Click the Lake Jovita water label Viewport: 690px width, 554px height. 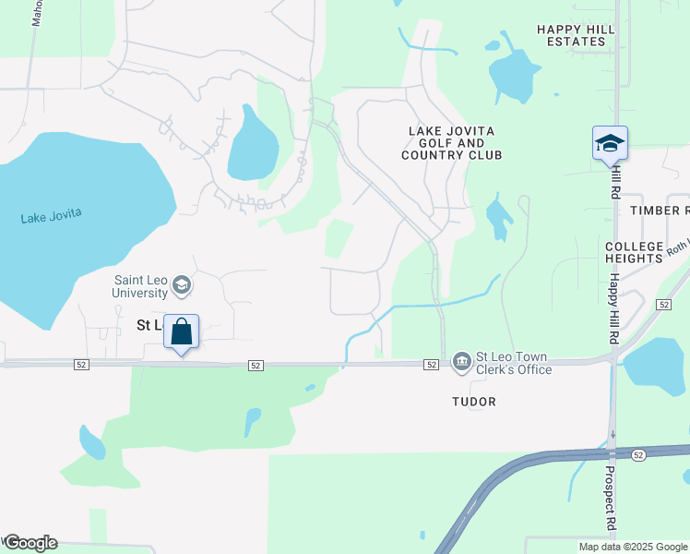(52, 215)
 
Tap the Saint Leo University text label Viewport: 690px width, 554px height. (141, 286)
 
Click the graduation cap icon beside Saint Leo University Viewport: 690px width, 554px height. (182, 285)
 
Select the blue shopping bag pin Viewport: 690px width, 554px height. (182, 331)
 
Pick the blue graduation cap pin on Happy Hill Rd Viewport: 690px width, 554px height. (610, 143)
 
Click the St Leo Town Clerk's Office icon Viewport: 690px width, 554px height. (460, 360)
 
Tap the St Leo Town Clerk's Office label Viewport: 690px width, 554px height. (513, 363)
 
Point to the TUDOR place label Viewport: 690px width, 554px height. (474, 402)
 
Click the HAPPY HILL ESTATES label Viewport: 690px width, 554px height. (576, 35)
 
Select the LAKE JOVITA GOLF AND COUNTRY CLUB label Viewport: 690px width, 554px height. (451, 143)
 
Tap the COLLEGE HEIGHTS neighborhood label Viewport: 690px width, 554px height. (634, 252)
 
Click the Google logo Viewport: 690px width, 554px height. (30, 543)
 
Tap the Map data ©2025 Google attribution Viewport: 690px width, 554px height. (633, 547)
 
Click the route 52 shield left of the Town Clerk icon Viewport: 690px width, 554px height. (431, 366)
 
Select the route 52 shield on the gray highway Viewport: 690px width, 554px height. (638, 455)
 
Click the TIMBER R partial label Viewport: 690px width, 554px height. (660, 211)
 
